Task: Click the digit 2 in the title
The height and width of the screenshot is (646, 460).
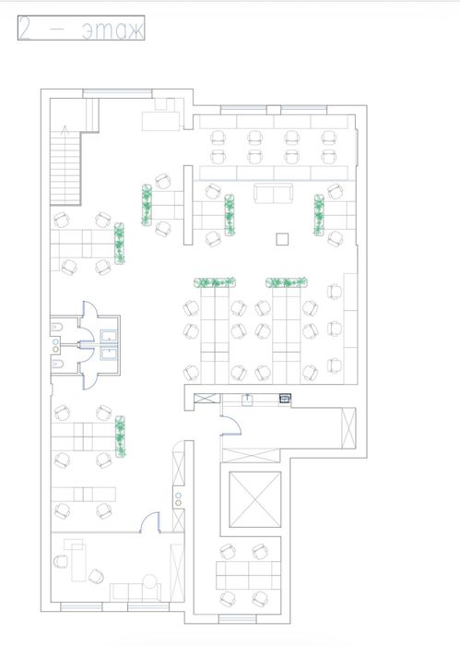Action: click(25, 28)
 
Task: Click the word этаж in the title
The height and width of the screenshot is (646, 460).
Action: click(112, 30)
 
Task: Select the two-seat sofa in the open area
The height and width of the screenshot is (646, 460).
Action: click(273, 193)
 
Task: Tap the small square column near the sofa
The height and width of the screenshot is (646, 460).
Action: click(282, 239)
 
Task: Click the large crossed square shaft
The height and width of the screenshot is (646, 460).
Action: click(255, 499)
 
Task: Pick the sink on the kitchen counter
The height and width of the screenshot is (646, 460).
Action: click(247, 400)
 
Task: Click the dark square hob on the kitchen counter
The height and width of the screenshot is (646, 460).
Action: click(285, 398)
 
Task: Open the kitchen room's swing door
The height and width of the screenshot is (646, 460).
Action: click(231, 426)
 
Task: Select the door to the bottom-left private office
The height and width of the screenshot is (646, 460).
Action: click(149, 522)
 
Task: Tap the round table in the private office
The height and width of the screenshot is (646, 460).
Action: click(149, 581)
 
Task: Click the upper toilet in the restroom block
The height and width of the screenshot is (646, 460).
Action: click(57, 328)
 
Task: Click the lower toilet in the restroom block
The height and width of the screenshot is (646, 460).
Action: click(57, 365)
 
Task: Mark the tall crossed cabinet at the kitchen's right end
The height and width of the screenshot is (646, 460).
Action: click(348, 427)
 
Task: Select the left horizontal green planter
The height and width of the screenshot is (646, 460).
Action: click(215, 282)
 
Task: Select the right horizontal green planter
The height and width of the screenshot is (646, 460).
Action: click(287, 282)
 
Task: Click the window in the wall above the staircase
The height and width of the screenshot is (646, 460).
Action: click(117, 93)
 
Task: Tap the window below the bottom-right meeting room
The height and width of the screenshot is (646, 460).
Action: click(237, 619)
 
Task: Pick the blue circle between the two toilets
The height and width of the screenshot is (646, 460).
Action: click(55, 342)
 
